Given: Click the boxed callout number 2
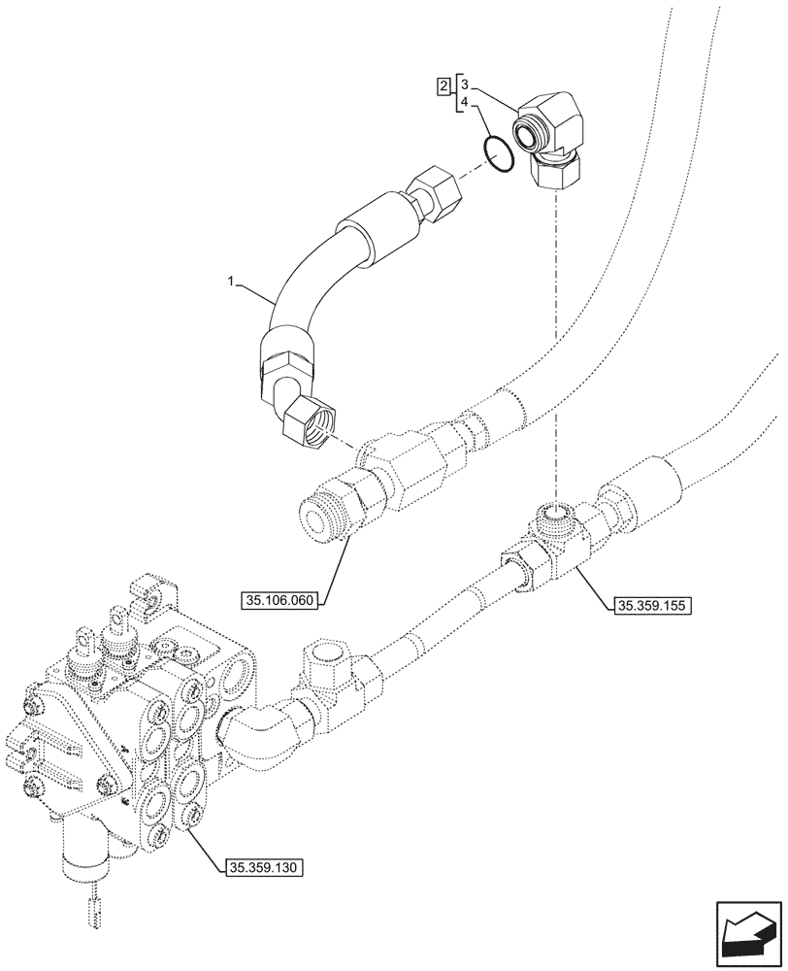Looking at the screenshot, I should click(443, 86).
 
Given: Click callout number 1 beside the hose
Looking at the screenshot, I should click(231, 283).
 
